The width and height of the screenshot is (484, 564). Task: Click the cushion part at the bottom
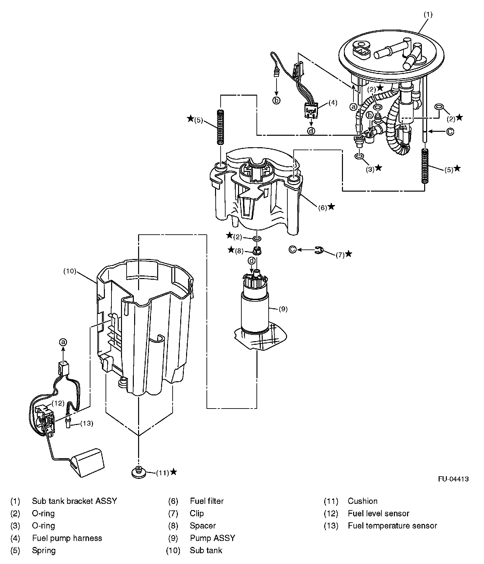(x=138, y=473)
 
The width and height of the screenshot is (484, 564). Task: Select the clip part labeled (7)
(x=319, y=250)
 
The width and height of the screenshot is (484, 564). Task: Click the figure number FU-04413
(x=453, y=479)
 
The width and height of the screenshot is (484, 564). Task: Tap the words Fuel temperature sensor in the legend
(x=392, y=526)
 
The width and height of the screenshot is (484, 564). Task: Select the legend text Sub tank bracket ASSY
(x=74, y=501)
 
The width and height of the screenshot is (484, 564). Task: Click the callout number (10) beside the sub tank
(x=70, y=271)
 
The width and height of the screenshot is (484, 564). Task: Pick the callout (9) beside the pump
(x=283, y=309)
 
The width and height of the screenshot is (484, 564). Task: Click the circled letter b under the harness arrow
(x=277, y=101)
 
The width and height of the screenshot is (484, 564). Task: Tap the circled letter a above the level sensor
(x=63, y=342)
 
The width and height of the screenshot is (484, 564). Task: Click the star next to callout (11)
(x=174, y=472)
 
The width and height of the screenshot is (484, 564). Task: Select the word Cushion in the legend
(x=362, y=501)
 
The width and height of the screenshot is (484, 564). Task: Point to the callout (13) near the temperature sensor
(x=86, y=424)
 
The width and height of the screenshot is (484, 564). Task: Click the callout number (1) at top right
(x=428, y=14)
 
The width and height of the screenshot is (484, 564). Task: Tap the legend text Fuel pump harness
(x=67, y=538)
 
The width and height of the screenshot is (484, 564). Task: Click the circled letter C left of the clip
(x=292, y=249)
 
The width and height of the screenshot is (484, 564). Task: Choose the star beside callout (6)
(x=331, y=206)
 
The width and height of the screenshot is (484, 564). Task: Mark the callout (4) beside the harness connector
(x=333, y=103)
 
